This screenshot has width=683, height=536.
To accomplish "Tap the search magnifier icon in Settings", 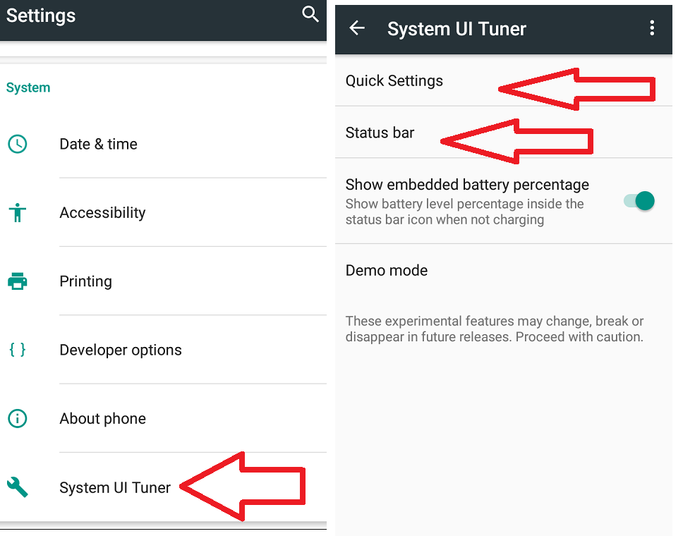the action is click(310, 14).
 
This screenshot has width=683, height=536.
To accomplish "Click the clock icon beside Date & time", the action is click(18, 144).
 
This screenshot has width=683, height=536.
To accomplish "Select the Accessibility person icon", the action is click(18, 212).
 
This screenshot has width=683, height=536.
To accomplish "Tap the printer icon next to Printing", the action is click(18, 281).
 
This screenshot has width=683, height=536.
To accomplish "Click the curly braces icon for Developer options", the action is click(18, 350).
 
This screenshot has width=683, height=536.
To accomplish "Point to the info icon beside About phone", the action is click(18, 418).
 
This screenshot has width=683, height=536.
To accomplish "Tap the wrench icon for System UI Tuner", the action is click(18, 487).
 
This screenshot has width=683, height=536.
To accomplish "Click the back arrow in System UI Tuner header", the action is click(357, 28).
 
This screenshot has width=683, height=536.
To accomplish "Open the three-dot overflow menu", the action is click(652, 28).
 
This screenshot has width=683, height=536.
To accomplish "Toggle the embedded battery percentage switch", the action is click(639, 201).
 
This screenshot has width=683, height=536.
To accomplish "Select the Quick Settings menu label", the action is click(394, 81).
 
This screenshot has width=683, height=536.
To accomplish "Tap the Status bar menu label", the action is click(380, 133).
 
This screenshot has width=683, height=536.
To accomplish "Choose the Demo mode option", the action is click(387, 270).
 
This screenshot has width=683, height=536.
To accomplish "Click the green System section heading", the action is click(28, 87).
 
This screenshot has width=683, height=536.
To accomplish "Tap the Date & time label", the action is click(99, 144).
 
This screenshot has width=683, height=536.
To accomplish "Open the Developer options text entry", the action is click(121, 350).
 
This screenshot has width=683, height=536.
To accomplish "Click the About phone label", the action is click(103, 418).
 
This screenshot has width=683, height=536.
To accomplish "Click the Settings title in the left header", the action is click(41, 16).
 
